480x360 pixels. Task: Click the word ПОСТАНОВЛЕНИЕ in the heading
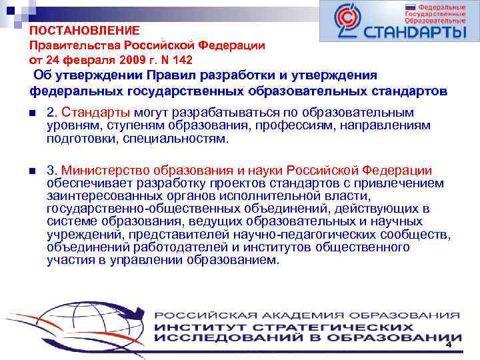tap(85, 31)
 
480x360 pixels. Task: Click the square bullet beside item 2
tap(33, 112)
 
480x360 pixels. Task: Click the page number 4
tap(449, 345)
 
